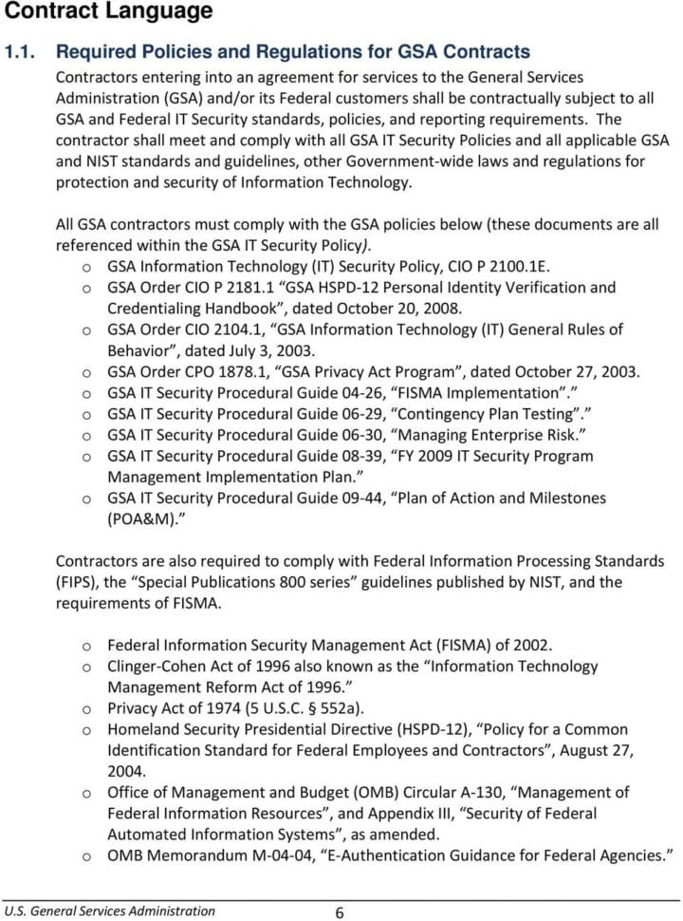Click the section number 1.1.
pos(22,51)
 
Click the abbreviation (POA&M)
pos(144,518)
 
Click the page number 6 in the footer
pos(339,912)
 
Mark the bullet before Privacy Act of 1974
pos(87,708)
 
